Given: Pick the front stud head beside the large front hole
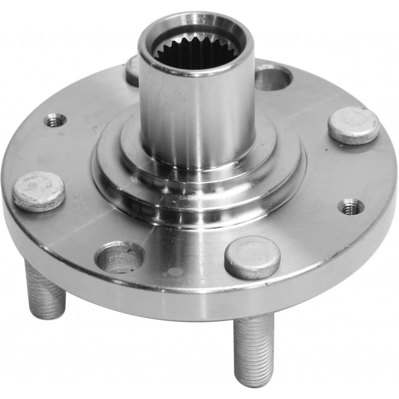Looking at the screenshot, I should click(252, 256).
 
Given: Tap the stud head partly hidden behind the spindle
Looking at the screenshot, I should click(133, 71).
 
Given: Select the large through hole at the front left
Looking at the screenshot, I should click(120, 258).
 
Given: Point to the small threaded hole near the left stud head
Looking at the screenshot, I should click(55, 121).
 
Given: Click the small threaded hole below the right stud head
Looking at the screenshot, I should click(351, 207).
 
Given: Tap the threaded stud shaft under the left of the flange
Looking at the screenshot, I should click(45, 291).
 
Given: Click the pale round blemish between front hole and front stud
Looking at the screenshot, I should click(175, 272).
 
